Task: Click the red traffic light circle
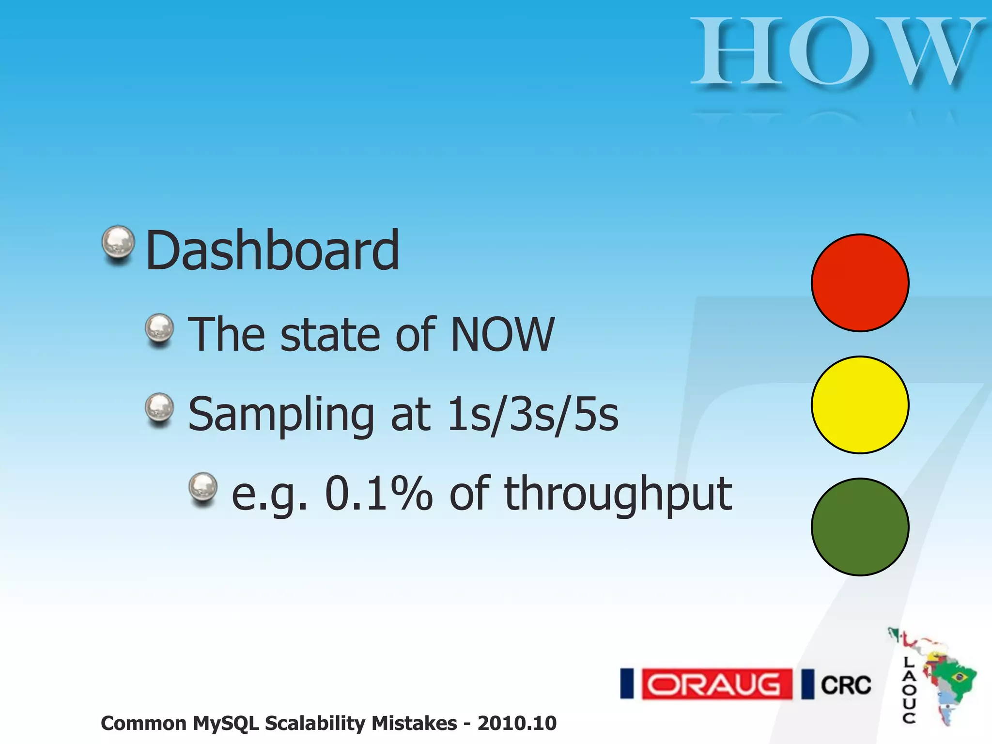point(860,283)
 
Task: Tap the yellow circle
point(860,405)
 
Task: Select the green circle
point(860,527)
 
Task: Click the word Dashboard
point(272,251)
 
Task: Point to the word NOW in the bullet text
point(502,334)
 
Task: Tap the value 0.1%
point(378,494)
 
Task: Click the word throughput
point(618,495)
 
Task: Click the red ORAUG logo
point(717,684)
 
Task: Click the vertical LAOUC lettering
point(909,690)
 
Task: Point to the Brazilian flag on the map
point(958,676)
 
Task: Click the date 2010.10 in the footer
point(517,723)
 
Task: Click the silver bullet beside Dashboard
point(118,243)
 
